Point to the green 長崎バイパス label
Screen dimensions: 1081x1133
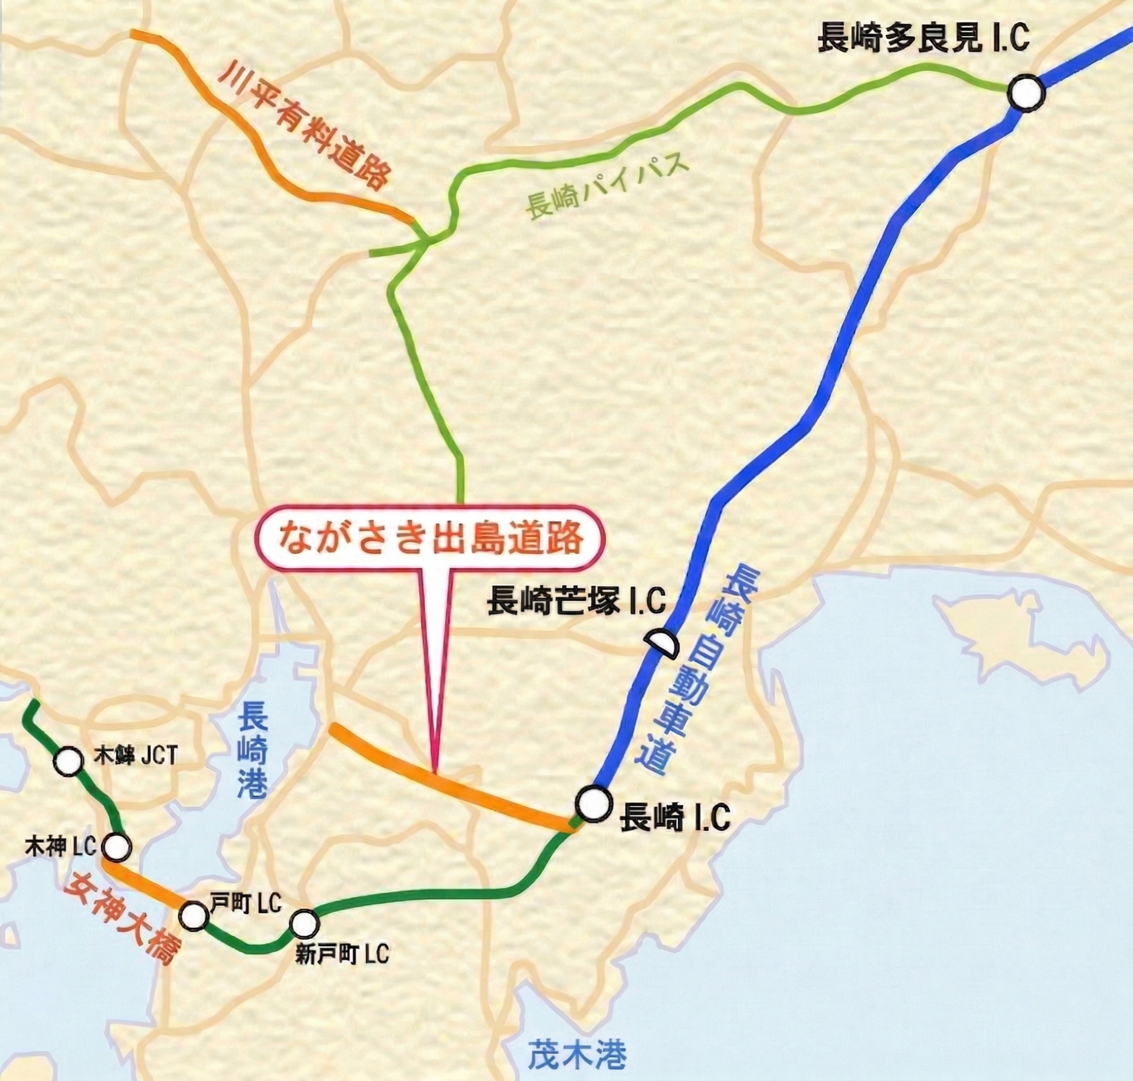click(608, 187)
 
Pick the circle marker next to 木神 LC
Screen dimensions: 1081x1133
click(116, 847)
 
